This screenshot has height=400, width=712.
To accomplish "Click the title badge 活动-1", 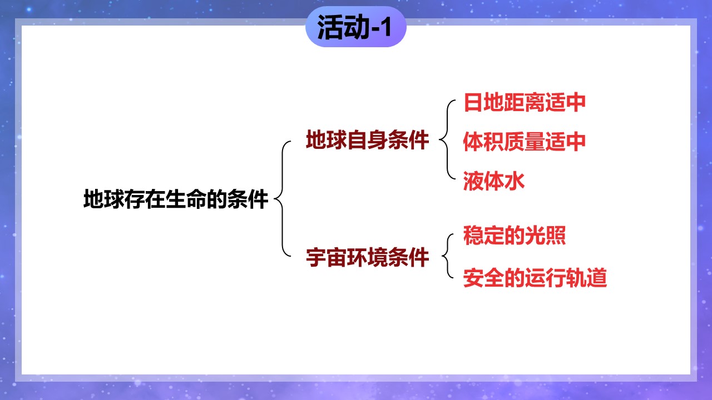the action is click(x=355, y=27).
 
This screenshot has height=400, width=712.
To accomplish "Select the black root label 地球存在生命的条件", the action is click(x=176, y=199).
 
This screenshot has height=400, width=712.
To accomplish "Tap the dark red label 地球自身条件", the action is click(x=368, y=139).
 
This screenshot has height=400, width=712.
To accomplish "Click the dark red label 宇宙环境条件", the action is click(x=368, y=257).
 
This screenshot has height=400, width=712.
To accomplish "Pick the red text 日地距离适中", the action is click(x=525, y=102).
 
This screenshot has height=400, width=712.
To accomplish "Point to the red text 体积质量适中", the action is click(x=525, y=142).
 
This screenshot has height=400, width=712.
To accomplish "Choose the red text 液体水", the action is click(x=494, y=181).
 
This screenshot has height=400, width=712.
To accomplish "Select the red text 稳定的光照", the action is click(x=515, y=235).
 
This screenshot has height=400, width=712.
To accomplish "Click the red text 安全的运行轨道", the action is click(x=535, y=278).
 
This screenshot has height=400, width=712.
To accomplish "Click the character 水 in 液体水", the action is click(x=515, y=181).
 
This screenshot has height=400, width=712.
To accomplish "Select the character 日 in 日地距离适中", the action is click(x=473, y=102).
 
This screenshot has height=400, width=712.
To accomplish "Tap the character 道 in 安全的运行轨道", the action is click(x=597, y=278).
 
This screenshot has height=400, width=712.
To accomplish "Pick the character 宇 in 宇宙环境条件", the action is click(x=316, y=257).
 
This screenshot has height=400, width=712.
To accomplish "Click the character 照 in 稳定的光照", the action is click(x=556, y=235).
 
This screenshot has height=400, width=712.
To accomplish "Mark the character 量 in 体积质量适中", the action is click(x=535, y=142).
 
